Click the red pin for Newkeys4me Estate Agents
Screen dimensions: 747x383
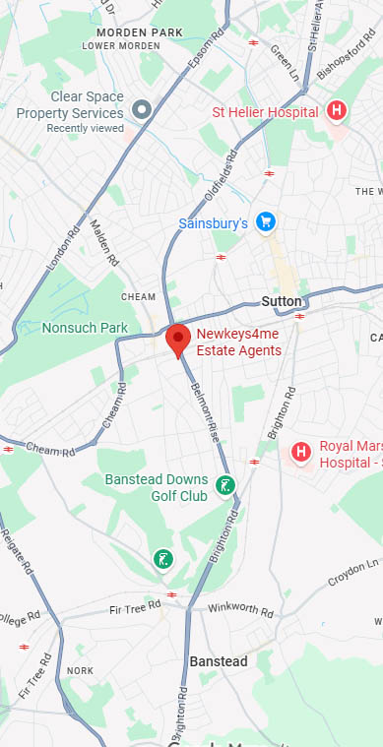point(177,340)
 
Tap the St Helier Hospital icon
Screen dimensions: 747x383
point(337,111)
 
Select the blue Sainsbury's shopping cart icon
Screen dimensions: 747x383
point(264,222)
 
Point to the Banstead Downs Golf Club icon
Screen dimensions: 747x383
point(226,485)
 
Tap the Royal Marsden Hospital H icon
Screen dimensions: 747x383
point(301,453)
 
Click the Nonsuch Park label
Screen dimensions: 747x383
point(86,328)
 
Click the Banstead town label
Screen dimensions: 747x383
point(218,661)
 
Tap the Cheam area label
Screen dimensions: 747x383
point(138,296)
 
